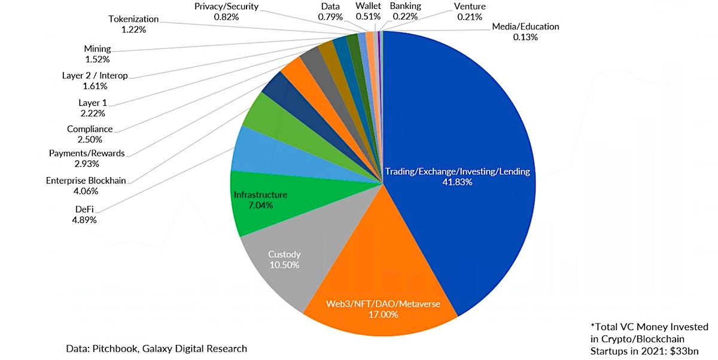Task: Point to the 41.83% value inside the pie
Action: pos(457,182)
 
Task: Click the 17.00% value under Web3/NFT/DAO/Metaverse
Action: pos(384,315)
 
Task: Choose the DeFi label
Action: pos(84,209)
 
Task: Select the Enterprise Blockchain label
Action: pos(86,181)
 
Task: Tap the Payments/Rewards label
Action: pos(87,154)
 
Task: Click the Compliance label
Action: pos(90,129)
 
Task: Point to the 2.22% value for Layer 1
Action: pos(93,114)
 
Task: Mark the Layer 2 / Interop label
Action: pos(95,75)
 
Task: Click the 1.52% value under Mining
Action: pos(98,59)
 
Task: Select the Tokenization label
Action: pos(133,19)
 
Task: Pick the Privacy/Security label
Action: pos(226,7)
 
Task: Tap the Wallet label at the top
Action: pos(368,6)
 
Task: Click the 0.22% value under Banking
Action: pos(405,16)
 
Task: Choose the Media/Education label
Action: pos(525,26)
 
